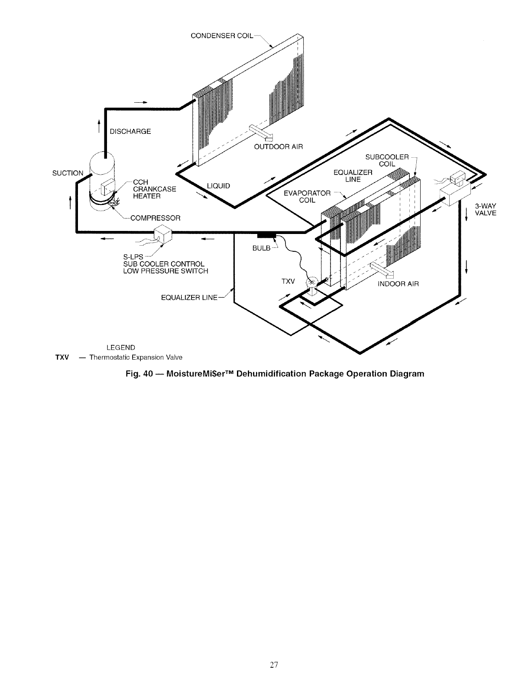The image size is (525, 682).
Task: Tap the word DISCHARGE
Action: click(x=130, y=131)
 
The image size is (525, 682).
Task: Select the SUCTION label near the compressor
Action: click(x=68, y=173)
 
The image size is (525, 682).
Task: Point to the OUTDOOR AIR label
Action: click(x=279, y=146)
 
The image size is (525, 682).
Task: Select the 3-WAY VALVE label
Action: click(x=485, y=209)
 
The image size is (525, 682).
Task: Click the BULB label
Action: click(x=261, y=248)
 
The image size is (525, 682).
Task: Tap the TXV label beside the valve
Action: click(x=288, y=282)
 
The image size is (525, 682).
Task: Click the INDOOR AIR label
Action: click(x=399, y=284)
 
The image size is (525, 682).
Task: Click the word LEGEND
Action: click(x=121, y=347)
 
